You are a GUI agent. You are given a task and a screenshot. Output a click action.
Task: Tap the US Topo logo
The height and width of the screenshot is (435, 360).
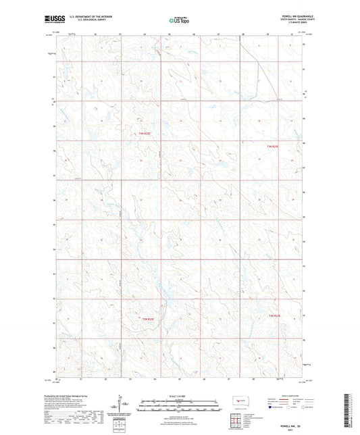[179, 21]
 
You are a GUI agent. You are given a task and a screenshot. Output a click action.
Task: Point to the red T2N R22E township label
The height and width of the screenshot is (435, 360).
[147, 318]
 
